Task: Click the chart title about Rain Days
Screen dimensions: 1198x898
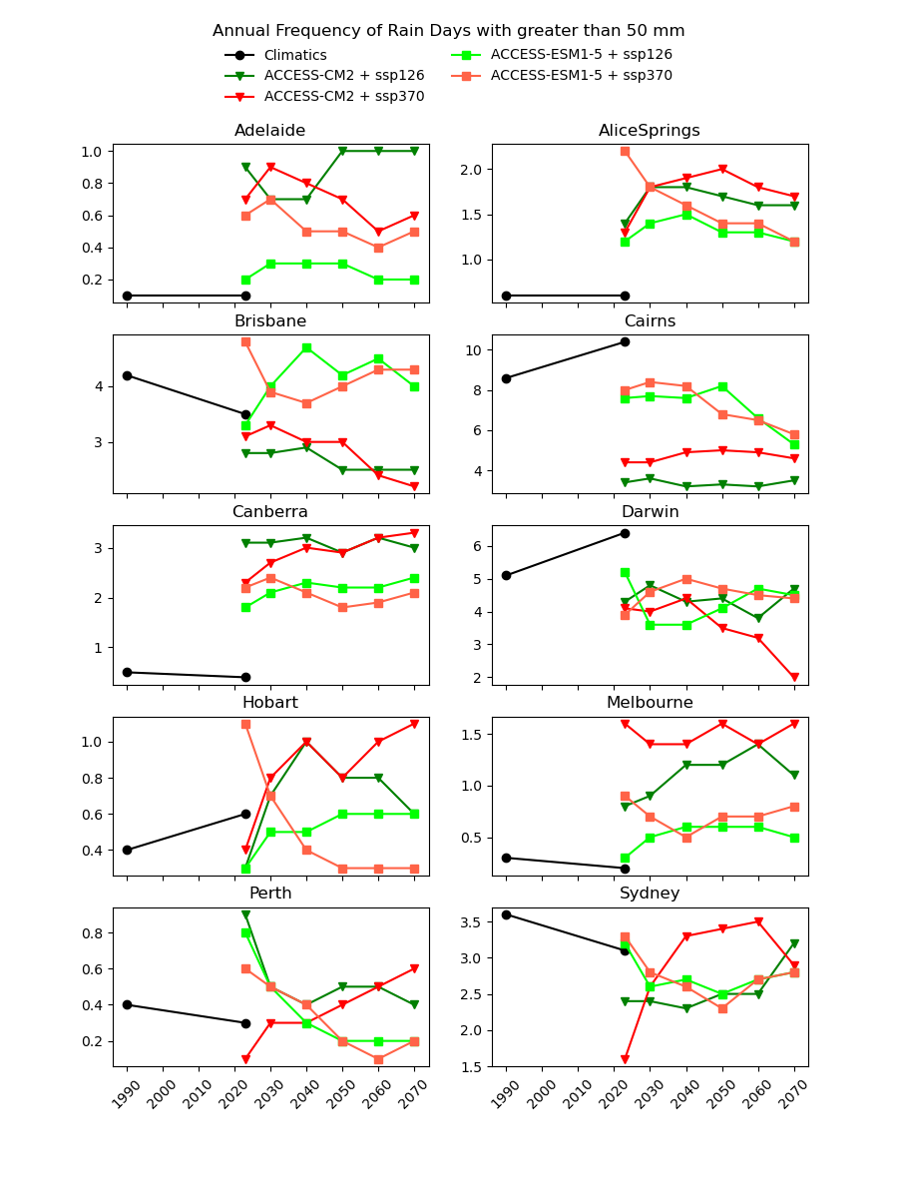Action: tap(448, 31)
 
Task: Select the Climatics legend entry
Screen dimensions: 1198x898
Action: tap(294, 56)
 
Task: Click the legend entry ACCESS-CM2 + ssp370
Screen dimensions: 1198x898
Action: tap(343, 97)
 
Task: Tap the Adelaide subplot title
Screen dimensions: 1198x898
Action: tap(269, 131)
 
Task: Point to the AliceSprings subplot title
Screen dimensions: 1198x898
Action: tap(649, 131)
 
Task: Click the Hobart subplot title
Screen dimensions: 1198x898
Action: tap(269, 703)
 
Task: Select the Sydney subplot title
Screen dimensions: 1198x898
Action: tap(649, 894)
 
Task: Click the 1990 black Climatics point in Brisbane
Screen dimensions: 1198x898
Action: tap(127, 375)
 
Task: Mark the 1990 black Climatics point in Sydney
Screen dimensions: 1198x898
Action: tap(506, 914)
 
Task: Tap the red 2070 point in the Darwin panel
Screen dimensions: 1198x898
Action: tap(794, 677)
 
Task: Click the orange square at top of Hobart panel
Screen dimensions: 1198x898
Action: tap(245, 724)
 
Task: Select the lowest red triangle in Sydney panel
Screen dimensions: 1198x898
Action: tap(625, 1059)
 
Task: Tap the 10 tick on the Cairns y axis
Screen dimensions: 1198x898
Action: tap(474, 350)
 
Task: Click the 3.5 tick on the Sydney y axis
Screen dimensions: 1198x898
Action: tap(470, 922)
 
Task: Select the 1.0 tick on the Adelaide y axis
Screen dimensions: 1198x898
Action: tap(91, 152)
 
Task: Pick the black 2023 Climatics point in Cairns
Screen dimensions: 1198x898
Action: tap(625, 341)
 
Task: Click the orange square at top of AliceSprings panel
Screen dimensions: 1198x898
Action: tap(625, 151)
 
